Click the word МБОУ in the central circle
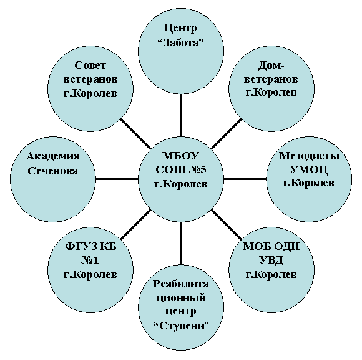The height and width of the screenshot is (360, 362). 180,156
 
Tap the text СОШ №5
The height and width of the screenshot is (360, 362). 181,170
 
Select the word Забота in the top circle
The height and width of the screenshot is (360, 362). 181,43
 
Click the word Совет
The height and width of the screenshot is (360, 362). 90,65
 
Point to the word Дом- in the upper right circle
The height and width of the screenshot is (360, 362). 271,66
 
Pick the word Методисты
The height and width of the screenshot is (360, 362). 309,156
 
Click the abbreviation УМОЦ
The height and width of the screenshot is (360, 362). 309,170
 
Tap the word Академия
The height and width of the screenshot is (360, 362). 53,156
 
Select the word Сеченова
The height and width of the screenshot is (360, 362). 53,171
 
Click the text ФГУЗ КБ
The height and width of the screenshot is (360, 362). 90,246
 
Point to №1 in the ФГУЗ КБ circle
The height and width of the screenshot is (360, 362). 90,261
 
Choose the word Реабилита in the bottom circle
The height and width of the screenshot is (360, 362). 181,284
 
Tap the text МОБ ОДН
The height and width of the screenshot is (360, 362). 271,246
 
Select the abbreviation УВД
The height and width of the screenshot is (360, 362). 271,261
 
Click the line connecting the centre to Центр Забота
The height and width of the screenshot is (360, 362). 180,115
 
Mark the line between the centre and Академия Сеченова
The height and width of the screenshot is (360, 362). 117,179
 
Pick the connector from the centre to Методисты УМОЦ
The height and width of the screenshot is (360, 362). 245,179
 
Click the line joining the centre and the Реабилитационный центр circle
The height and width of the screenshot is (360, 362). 181,243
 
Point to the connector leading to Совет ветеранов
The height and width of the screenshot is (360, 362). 136,134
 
